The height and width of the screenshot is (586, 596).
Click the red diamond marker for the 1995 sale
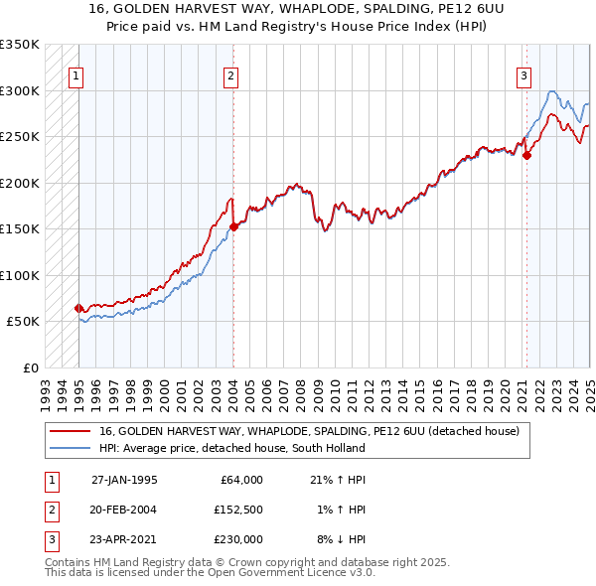tap(78, 308)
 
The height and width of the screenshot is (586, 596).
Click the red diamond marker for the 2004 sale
tap(233, 226)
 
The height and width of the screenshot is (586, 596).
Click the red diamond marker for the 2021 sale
tap(526, 155)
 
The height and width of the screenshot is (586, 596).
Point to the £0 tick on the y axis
tap(32, 367)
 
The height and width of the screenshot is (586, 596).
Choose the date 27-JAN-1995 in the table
tap(124, 480)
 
